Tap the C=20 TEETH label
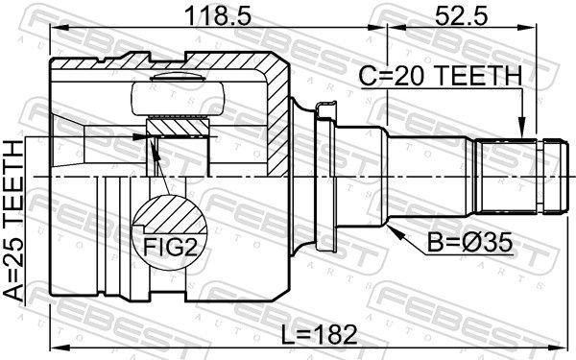click(441, 75)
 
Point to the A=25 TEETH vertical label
click(13, 222)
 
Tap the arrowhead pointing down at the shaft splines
click(522, 130)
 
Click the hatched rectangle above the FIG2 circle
click(177, 126)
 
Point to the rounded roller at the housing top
click(179, 95)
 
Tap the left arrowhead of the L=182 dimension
click(55, 348)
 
